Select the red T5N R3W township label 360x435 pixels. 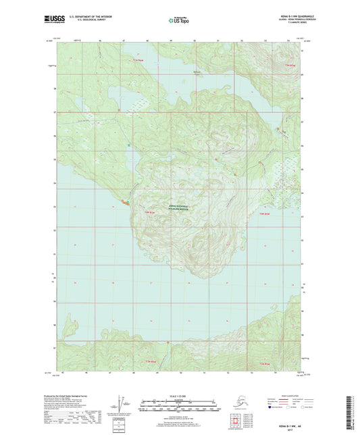290,66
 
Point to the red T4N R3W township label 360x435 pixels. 265,215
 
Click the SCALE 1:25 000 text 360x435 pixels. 179,394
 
